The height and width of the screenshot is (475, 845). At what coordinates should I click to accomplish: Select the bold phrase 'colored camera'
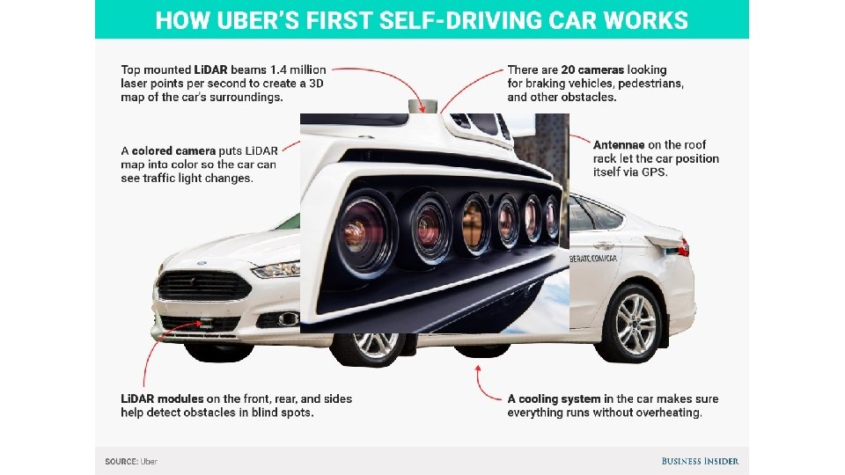173,151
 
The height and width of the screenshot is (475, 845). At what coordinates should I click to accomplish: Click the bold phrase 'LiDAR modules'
162,398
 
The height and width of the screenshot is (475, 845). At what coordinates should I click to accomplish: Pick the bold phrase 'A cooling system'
554,398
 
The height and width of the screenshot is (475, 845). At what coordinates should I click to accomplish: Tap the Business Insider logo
700,461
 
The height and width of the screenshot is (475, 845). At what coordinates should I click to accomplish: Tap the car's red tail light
683,248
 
